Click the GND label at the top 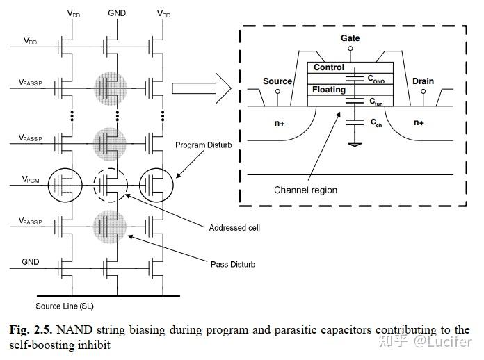point(118,13)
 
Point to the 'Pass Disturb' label point(233,264)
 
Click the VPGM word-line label point(31,179)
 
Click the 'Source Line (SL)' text point(65,306)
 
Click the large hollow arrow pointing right point(202,88)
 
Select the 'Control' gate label point(329,67)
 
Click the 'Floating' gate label point(329,90)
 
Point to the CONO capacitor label point(376,80)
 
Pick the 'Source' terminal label point(277,81)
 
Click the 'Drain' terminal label point(423,81)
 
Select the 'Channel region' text point(305,190)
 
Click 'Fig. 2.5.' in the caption point(31,329)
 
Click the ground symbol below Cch point(355,145)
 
